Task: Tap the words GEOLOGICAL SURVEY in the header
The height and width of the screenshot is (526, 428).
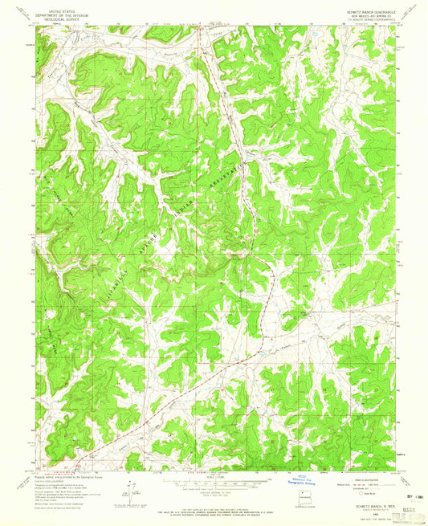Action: [64, 20]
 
